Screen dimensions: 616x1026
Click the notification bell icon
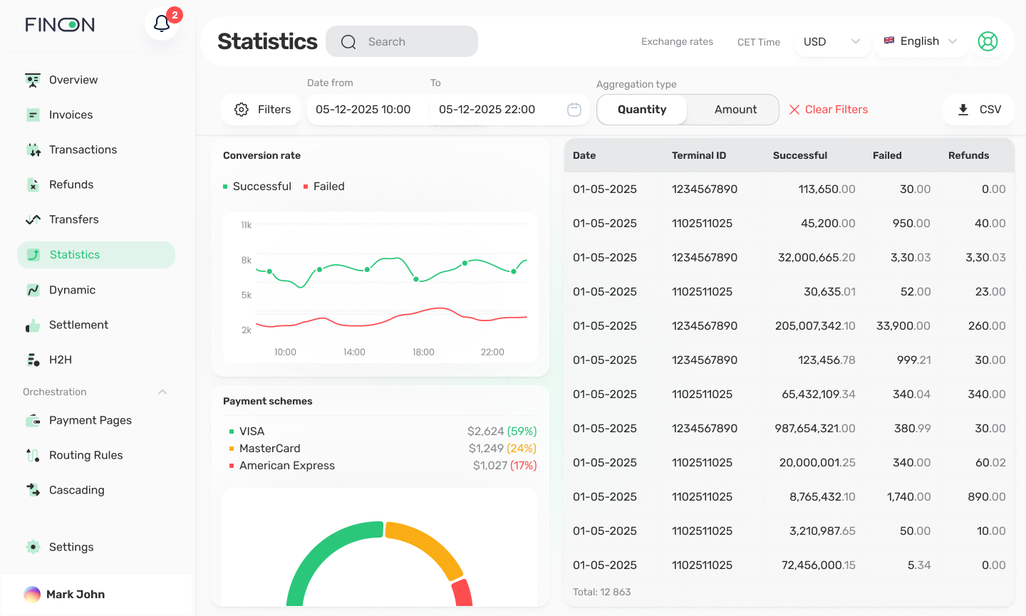pos(162,24)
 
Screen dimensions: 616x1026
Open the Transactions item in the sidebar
pos(83,150)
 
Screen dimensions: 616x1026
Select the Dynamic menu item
pos(72,290)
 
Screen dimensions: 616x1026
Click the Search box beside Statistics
pos(402,41)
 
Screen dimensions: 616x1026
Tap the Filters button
pos(261,110)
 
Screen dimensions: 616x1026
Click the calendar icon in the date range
pos(574,110)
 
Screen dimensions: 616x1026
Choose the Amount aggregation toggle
pos(735,110)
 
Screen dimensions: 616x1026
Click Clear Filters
pos(828,110)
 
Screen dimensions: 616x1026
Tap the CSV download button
pos(978,110)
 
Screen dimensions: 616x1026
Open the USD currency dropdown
pos(831,41)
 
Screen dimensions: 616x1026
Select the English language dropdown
pos(920,41)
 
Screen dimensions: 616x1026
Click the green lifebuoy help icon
pos(988,41)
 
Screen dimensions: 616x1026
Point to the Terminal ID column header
pos(699,155)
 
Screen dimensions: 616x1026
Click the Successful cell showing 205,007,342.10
pos(815,325)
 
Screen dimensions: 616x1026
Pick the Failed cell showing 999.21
pos(913,360)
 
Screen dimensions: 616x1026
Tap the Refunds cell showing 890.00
pos(986,496)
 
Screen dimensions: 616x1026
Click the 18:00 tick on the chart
pos(423,352)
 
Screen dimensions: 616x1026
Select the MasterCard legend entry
pos(269,448)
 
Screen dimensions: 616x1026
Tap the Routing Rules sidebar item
pos(85,455)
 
